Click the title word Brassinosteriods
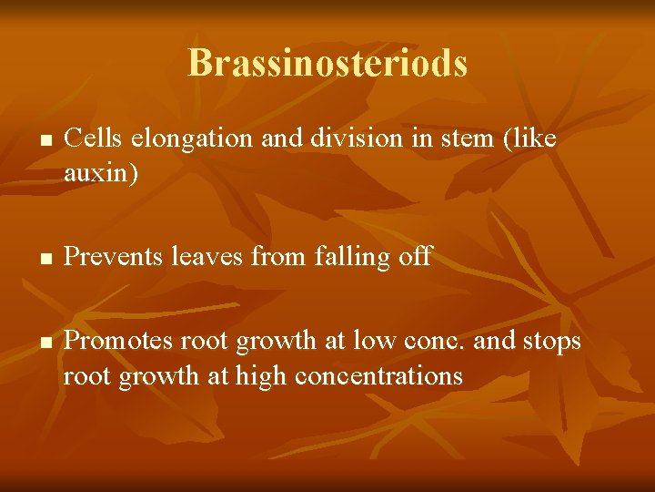(x=327, y=63)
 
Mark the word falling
(x=353, y=258)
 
